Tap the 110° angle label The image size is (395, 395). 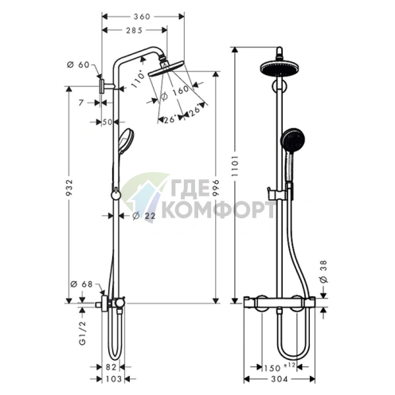pos(140,78)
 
